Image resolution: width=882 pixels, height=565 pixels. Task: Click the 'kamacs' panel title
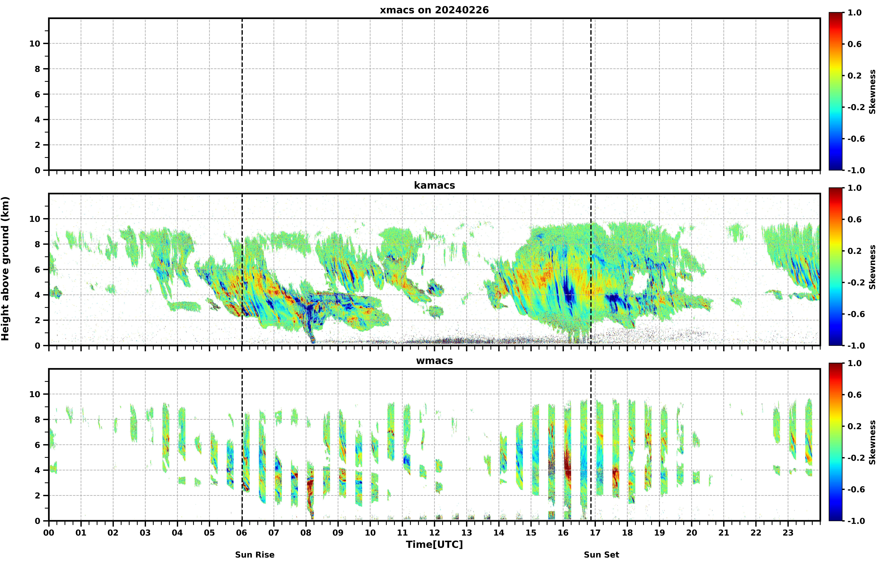[x=434, y=185]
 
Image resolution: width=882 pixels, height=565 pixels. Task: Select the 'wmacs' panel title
[x=434, y=361]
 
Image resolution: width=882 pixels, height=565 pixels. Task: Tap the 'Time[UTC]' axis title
[x=434, y=544]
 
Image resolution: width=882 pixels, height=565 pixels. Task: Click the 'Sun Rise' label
[x=255, y=555]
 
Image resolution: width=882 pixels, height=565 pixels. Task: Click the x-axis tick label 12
[x=434, y=532]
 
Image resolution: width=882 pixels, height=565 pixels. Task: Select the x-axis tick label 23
[x=788, y=532]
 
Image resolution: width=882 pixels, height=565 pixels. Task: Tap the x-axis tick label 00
[x=49, y=532]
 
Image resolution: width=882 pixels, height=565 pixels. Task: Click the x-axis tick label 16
[x=563, y=532]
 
